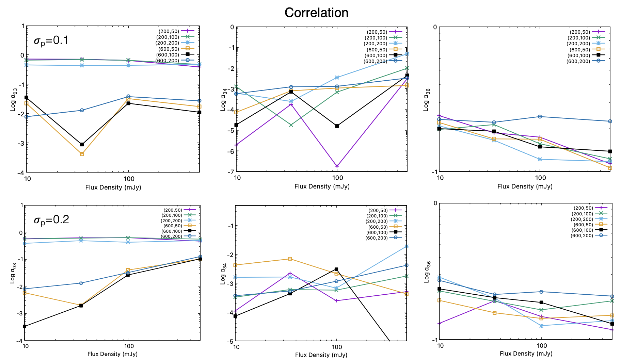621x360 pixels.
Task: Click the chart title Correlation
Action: click(x=316, y=13)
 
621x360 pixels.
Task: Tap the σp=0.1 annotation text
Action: click(x=51, y=40)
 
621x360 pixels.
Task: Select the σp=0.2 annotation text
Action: click(x=51, y=220)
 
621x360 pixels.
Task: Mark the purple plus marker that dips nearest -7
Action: click(x=337, y=166)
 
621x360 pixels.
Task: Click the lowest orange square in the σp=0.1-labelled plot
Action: click(x=82, y=154)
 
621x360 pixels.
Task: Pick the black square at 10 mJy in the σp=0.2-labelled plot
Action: click(x=25, y=326)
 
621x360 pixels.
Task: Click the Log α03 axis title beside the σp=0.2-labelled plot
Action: click(x=13, y=273)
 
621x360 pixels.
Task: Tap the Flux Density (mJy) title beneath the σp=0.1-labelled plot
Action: click(x=113, y=187)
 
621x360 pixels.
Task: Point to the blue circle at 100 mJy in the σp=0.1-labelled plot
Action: click(x=128, y=97)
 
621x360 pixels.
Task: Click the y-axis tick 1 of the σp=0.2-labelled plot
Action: click(x=22, y=206)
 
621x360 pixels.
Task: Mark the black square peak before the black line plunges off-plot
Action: click(x=336, y=269)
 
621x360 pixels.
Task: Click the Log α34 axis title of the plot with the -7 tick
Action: click(x=223, y=99)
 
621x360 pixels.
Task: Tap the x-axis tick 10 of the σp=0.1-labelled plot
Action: click(x=27, y=179)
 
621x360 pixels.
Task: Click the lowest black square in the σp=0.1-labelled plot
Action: click(x=82, y=145)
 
